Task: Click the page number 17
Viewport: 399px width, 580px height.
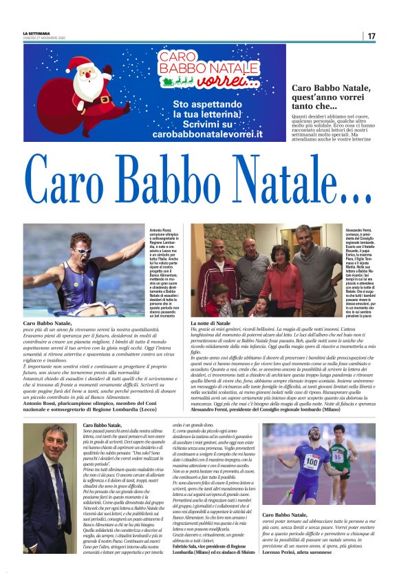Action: [371, 35]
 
